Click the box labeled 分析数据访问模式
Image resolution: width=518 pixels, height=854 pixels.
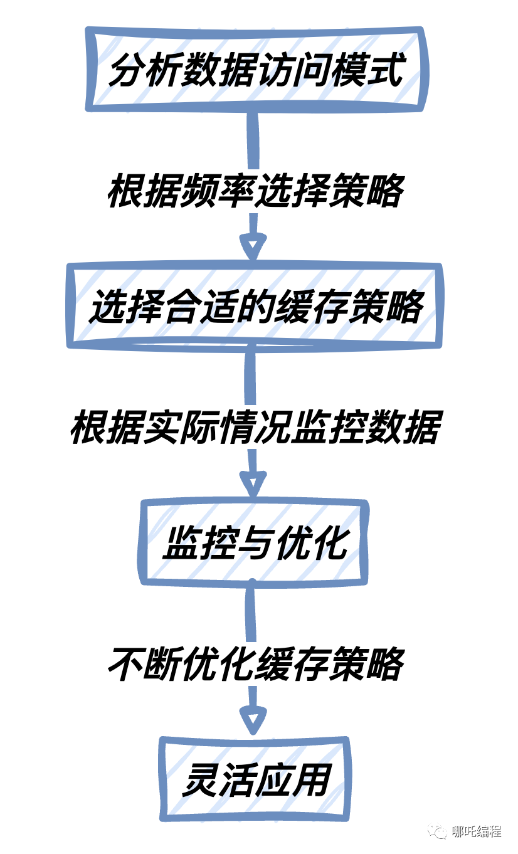(x=256, y=70)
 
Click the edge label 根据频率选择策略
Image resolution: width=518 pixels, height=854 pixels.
(x=255, y=191)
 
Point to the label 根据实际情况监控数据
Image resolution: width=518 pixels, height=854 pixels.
(x=255, y=428)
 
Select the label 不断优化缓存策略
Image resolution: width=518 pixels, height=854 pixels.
(x=255, y=663)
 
